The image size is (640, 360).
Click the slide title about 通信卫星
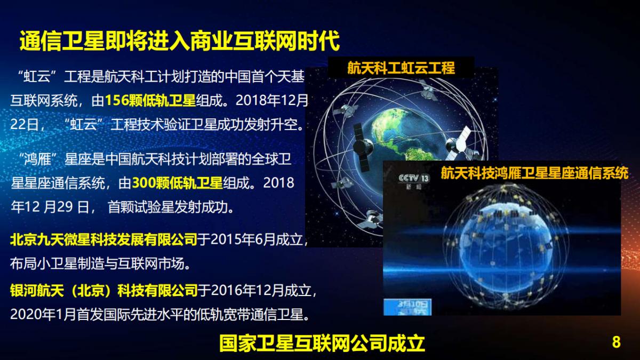click(x=179, y=41)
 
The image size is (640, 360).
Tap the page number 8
click(x=617, y=342)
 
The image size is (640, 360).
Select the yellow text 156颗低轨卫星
click(x=150, y=100)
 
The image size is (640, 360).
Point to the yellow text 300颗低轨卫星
click(x=177, y=183)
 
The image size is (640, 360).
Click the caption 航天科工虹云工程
click(x=401, y=68)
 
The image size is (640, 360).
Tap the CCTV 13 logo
click(x=414, y=179)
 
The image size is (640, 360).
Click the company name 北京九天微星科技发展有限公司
click(x=104, y=240)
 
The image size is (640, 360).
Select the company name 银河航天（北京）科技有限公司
click(x=104, y=291)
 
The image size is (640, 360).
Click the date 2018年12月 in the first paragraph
click(x=272, y=100)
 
